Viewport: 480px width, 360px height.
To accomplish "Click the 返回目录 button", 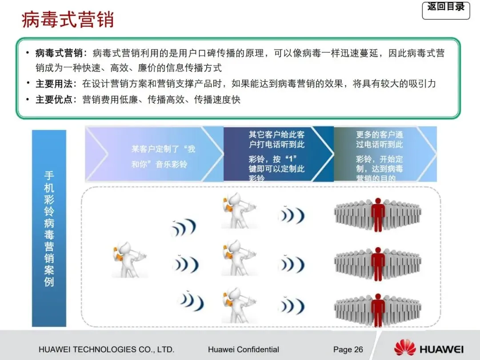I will [x=446, y=9].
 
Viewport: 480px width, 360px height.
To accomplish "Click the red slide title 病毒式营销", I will [x=68, y=20].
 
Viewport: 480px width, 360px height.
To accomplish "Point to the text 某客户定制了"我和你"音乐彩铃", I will [x=163, y=156].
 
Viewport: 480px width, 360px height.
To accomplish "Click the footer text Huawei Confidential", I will [x=243, y=349].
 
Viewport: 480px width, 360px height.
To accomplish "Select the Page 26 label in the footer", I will [x=348, y=349].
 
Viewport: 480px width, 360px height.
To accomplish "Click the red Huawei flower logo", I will [x=404, y=348].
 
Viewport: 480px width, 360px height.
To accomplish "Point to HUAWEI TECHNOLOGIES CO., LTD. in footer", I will [x=106, y=349].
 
